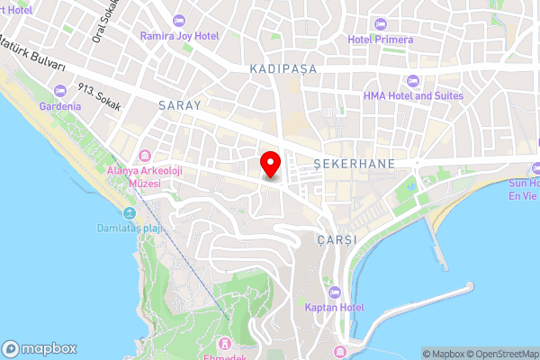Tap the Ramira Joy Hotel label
(x=178, y=36)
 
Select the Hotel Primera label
(x=381, y=40)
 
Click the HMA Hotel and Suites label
(x=413, y=95)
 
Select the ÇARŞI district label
(x=337, y=240)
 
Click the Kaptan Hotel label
(x=334, y=308)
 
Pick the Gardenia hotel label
(x=60, y=105)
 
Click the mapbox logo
(x=40, y=348)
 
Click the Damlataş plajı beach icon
(x=130, y=213)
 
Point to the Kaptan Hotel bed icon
(x=334, y=292)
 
